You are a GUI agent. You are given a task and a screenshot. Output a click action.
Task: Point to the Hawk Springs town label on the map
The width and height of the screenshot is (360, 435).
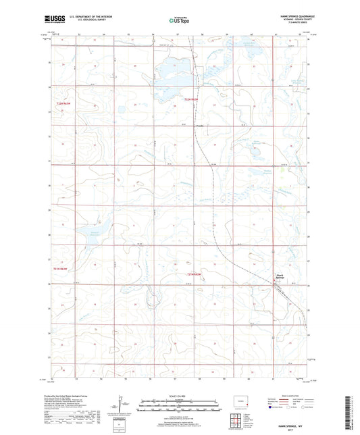279,276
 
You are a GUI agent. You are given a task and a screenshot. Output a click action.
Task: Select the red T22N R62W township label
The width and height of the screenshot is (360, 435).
194,100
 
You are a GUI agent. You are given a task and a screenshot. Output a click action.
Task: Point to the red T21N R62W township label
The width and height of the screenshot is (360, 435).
194,274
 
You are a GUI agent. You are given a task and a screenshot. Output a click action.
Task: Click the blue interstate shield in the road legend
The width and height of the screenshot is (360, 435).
272,408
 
